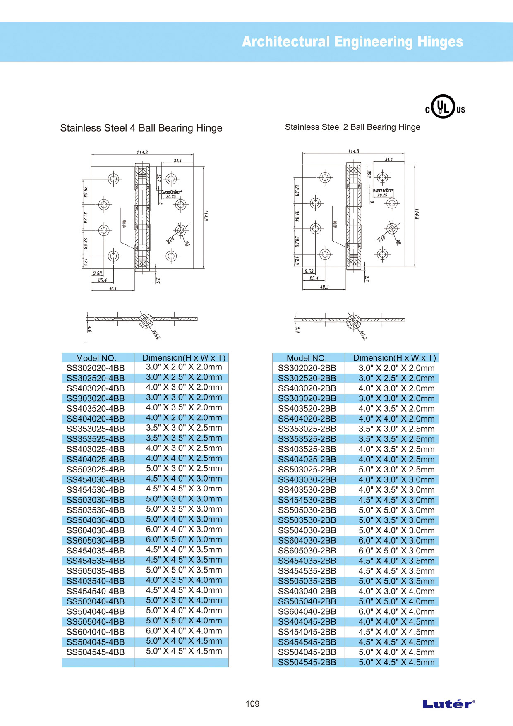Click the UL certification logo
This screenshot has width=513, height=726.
[444, 107]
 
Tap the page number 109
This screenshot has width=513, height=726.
[252, 704]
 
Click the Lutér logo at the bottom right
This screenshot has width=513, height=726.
[448, 704]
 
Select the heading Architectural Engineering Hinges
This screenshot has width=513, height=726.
[352, 42]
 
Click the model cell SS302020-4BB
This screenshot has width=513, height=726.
[96, 368]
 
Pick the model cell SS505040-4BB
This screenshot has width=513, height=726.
[96, 621]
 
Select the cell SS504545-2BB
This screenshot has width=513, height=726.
[307, 662]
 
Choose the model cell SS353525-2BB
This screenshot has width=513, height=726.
[307, 439]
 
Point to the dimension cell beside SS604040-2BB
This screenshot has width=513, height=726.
[396, 611]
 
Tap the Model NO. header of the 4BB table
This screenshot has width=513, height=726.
[96, 358]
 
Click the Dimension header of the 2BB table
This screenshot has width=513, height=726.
[394, 358]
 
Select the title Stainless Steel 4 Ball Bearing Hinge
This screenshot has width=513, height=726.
[141, 128]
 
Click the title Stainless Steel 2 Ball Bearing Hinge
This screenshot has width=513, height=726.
[352, 127]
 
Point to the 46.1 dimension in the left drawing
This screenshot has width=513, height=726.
[113, 288]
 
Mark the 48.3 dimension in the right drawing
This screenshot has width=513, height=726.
[324, 287]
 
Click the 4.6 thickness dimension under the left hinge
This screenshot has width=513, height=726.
[89, 329]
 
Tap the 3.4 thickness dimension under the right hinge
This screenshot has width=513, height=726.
[297, 329]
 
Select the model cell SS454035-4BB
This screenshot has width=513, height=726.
[96, 551]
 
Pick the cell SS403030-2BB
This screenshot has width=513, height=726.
[307, 479]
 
